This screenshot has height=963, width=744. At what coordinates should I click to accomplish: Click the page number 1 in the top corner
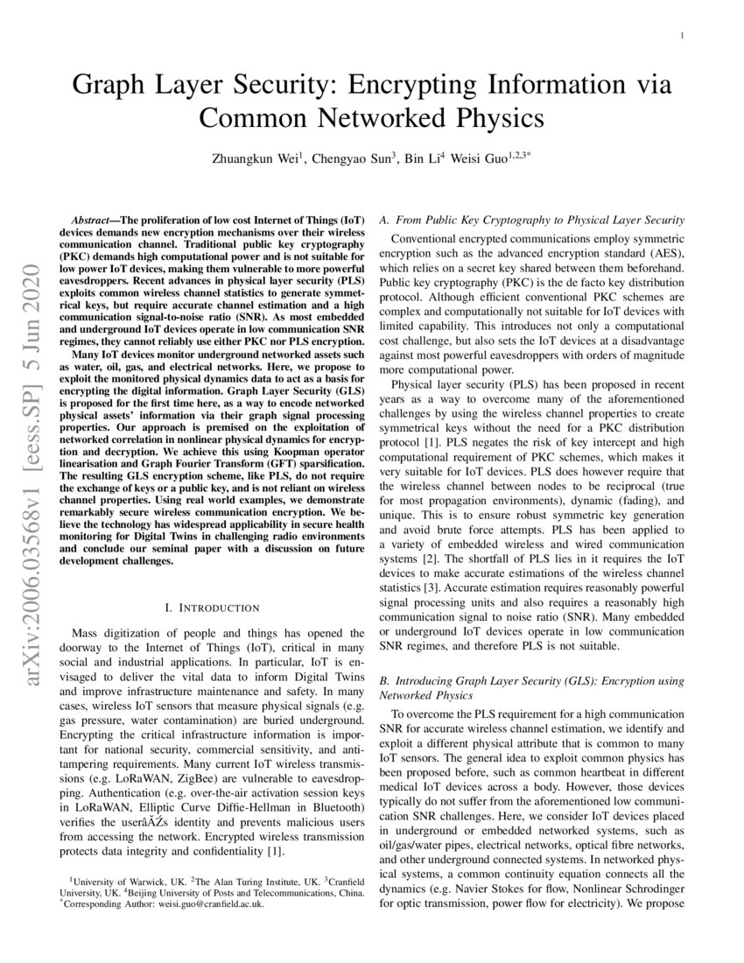tap(680, 36)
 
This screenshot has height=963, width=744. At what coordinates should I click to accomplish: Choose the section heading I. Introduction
tap(211, 607)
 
